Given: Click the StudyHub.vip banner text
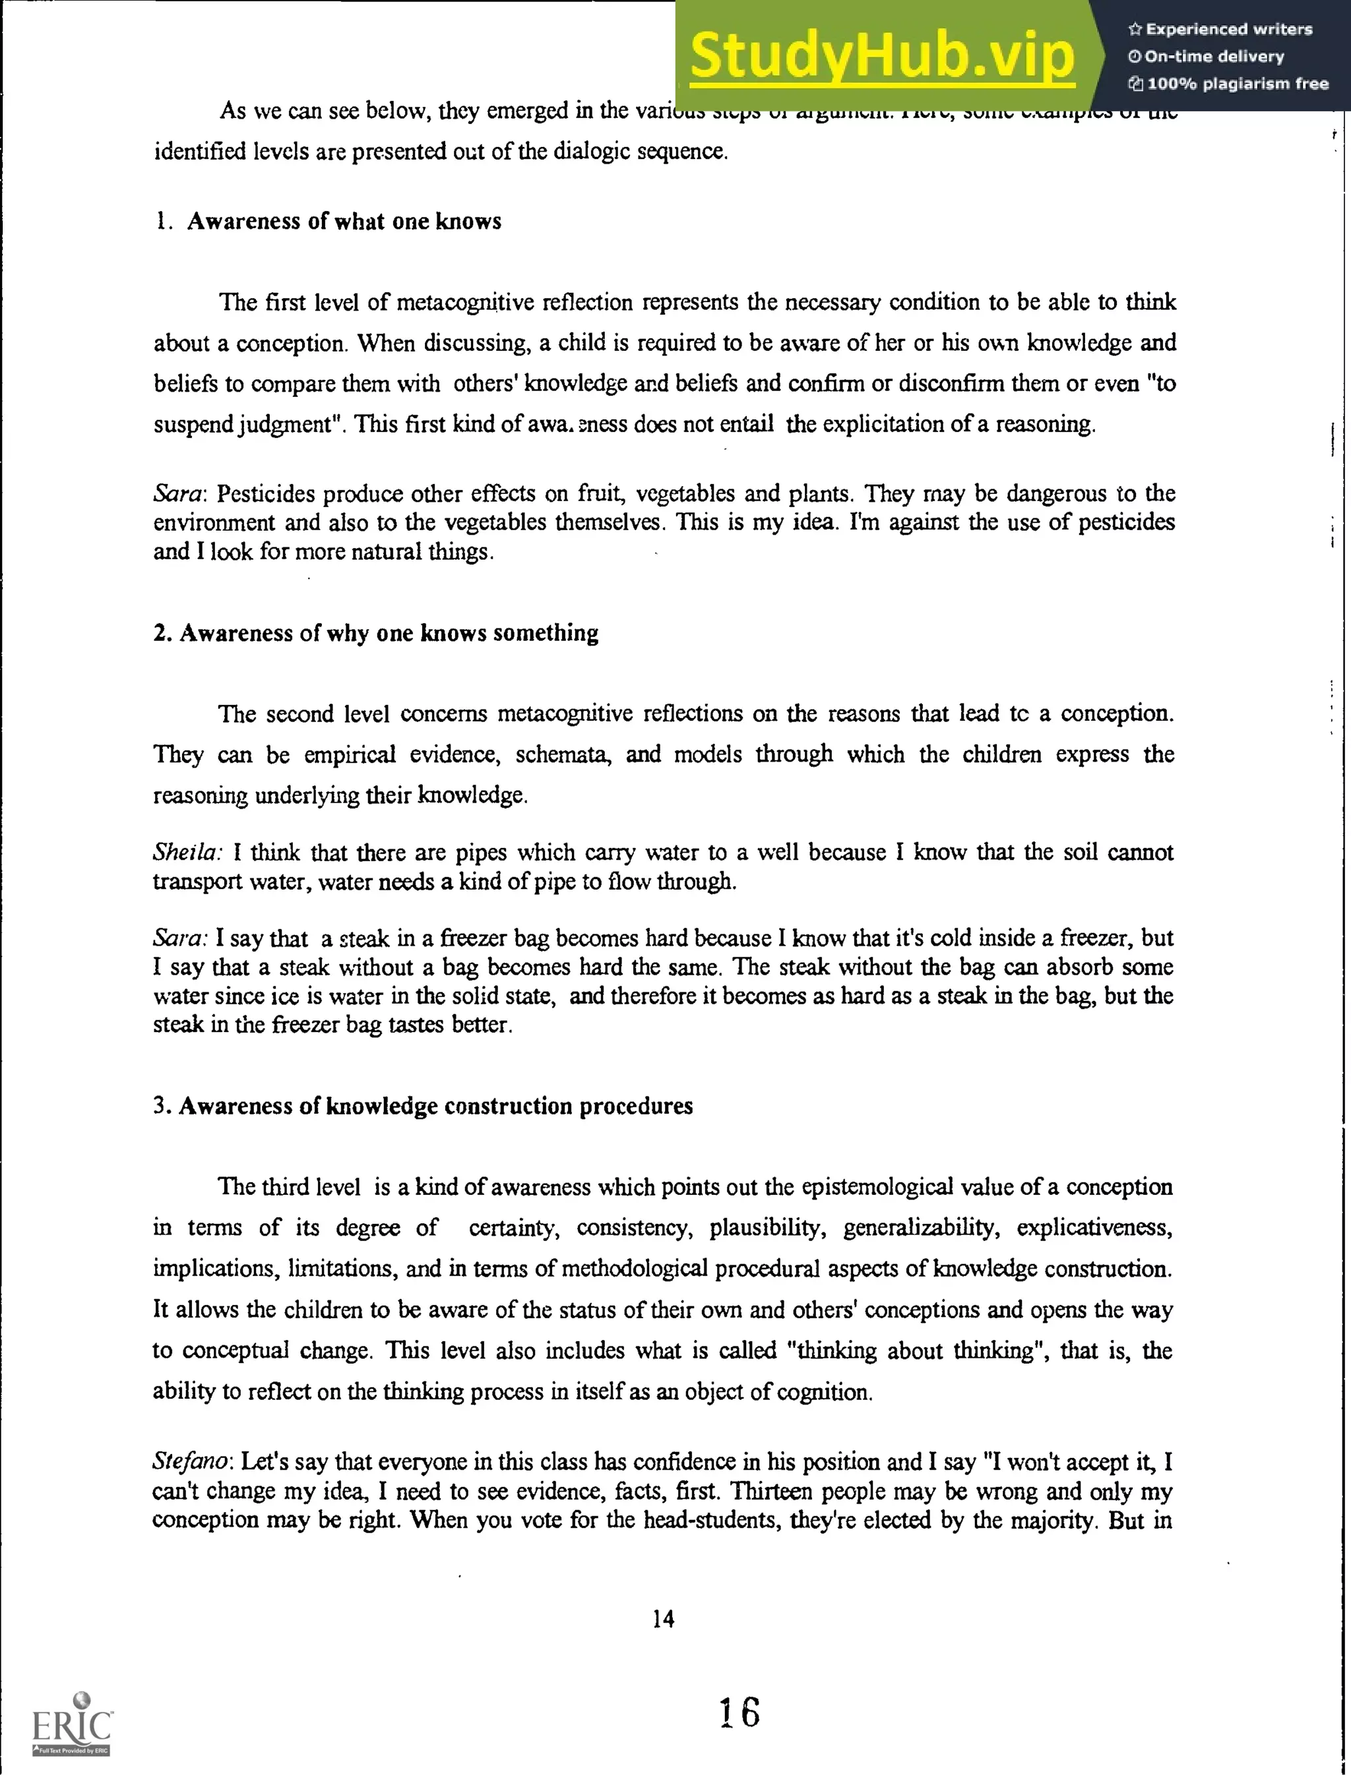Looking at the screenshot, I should coord(882,55).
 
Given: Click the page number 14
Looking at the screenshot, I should coord(662,1618).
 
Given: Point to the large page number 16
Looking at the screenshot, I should coord(739,1712).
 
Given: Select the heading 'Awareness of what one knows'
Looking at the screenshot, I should coord(344,222).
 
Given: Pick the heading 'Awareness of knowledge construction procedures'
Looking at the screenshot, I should coord(435,1106).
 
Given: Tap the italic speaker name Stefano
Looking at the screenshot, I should coord(193,1461).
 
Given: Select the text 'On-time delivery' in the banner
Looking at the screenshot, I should coord(1214,57).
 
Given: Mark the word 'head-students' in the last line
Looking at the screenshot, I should coord(712,1520).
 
